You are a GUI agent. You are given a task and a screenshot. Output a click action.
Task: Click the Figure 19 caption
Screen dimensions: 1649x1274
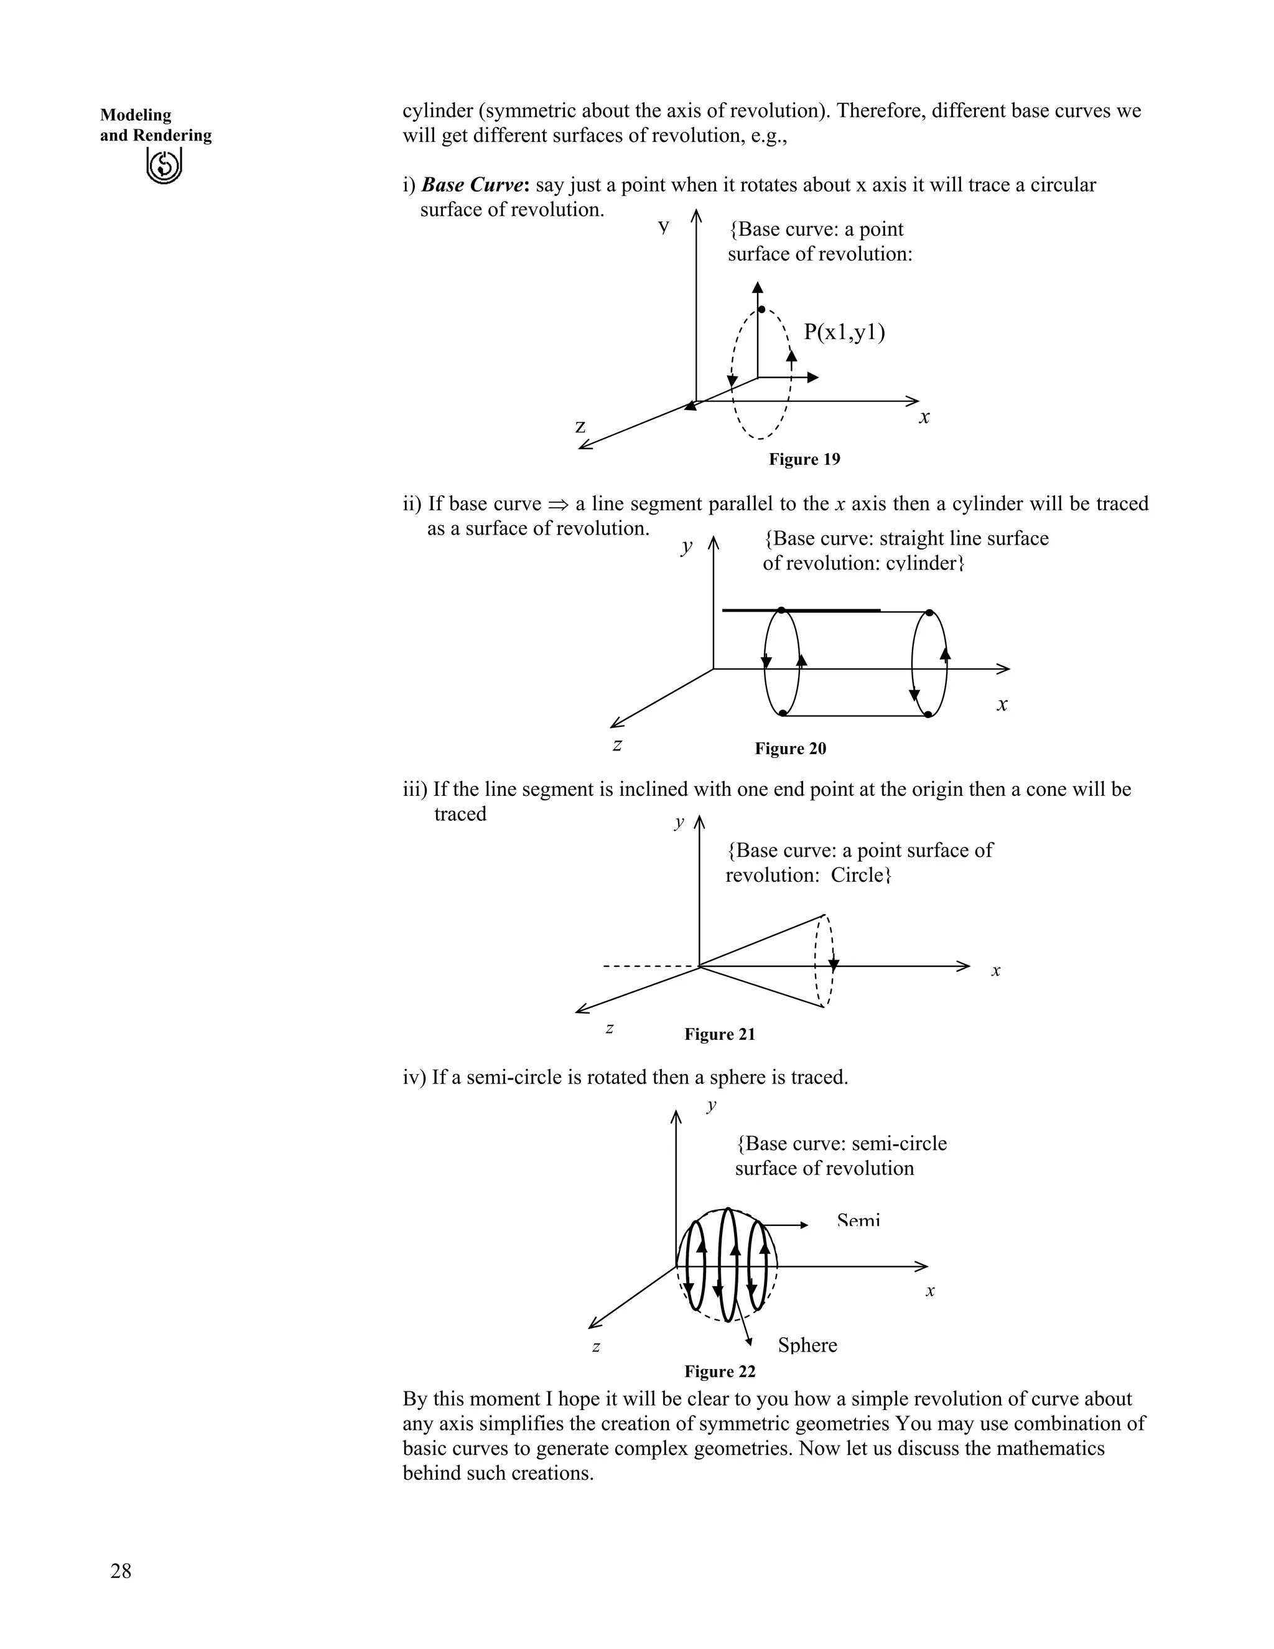pyautogui.click(x=804, y=459)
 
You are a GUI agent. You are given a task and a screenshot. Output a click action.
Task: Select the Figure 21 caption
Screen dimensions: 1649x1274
pyautogui.click(x=719, y=1034)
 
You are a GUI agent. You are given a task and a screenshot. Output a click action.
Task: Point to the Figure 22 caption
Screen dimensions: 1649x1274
pyautogui.click(x=719, y=1371)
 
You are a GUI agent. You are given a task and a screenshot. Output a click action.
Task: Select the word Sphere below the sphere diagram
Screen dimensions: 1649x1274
pyautogui.click(x=807, y=1345)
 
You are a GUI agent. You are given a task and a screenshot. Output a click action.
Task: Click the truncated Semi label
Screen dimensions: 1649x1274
pyautogui.click(x=858, y=1222)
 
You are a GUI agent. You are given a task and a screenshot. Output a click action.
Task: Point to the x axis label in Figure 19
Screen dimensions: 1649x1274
pyautogui.click(x=924, y=417)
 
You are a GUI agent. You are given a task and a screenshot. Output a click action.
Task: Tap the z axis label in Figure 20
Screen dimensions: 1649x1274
pyautogui.click(x=617, y=745)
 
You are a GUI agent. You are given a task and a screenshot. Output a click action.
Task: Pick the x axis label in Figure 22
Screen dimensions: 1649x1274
pyautogui.click(x=930, y=1291)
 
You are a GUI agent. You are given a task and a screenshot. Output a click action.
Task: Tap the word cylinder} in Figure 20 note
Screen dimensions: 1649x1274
pyautogui.click(x=924, y=563)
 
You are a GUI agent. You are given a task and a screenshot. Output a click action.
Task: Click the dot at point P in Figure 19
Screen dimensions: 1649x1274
pyautogui.click(x=761, y=309)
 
